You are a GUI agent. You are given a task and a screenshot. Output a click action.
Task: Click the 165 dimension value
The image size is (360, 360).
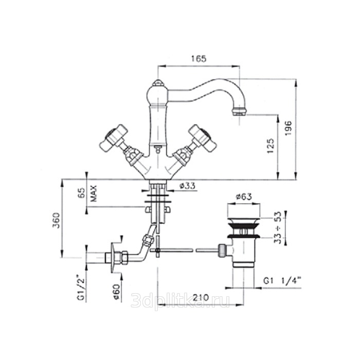(x=199, y=59)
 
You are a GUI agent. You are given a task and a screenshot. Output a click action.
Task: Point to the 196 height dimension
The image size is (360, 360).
(x=288, y=128)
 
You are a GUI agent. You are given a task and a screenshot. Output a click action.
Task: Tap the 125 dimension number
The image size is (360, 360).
(x=271, y=146)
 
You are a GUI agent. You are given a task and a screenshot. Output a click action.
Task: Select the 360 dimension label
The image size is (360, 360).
(x=56, y=221)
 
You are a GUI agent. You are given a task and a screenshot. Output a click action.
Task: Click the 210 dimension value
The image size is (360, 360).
(x=201, y=298)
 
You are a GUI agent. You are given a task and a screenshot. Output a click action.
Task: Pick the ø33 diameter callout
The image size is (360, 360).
(x=188, y=186)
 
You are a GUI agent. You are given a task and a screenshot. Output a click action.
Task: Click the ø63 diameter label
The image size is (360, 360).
(x=244, y=196)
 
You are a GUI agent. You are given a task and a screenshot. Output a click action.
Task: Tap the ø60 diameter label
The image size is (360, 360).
(x=117, y=292)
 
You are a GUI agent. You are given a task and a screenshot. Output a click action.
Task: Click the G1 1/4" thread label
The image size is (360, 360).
(x=282, y=281)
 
